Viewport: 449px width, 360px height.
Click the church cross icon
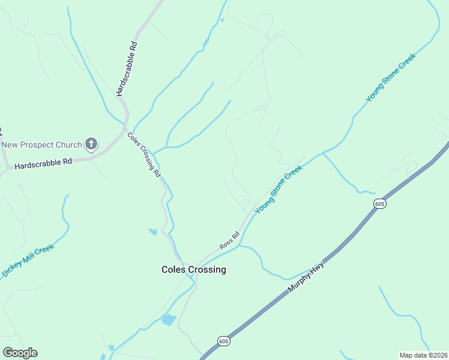click(91, 143)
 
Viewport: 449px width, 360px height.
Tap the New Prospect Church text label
click(41, 145)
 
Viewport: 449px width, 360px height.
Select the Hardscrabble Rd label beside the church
click(43, 163)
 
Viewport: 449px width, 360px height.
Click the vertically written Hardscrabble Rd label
click(127, 69)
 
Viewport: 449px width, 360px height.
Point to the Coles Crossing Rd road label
click(144, 154)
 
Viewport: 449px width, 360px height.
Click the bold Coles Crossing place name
click(194, 270)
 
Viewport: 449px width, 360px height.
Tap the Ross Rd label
click(229, 240)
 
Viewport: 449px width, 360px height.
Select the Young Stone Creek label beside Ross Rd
click(279, 190)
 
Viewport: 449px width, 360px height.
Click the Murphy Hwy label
click(306, 277)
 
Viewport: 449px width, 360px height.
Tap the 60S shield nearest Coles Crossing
click(223, 341)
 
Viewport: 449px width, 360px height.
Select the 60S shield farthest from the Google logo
click(379, 204)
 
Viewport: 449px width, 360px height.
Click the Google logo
click(20, 353)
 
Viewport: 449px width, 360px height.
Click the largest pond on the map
click(169, 320)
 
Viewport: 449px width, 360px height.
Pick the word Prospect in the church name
click(46, 145)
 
